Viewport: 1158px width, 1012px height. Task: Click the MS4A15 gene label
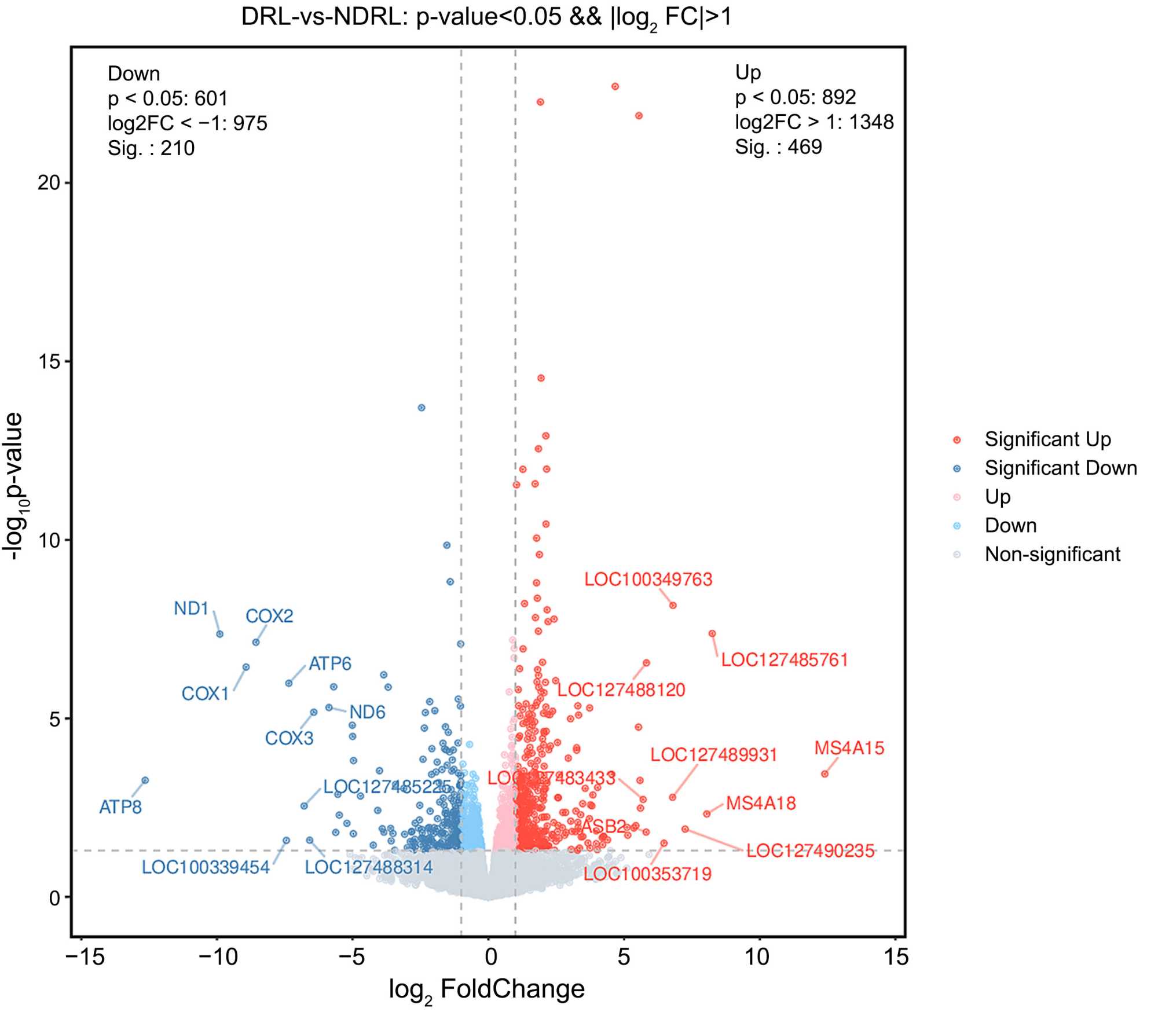click(x=849, y=748)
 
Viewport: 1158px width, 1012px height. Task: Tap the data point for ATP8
click(x=145, y=780)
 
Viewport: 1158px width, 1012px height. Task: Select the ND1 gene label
click(x=191, y=608)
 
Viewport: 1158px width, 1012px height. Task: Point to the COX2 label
click(x=269, y=616)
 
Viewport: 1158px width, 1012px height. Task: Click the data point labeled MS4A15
click(x=824, y=774)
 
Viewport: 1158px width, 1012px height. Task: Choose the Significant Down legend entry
click(x=1060, y=468)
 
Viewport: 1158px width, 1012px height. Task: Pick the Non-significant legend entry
click(x=1052, y=554)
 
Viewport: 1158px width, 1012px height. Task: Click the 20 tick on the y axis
click(x=49, y=183)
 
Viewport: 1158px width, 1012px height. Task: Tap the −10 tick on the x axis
click(x=218, y=957)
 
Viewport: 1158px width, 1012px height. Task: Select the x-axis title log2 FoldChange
click(x=486, y=989)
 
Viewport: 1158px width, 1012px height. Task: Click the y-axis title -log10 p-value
click(x=14, y=486)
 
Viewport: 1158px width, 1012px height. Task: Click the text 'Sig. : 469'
click(x=778, y=147)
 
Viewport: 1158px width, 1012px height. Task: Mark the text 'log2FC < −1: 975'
click(x=187, y=123)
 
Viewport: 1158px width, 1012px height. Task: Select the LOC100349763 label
click(x=648, y=580)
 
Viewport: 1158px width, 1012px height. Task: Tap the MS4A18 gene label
click(x=761, y=803)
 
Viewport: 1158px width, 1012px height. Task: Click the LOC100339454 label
click(x=206, y=867)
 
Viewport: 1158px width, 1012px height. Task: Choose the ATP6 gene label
click(x=329, y=663)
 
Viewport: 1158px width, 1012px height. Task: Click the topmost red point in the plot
click(x=615, y=87)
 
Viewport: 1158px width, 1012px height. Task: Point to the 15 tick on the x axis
click(x=896, y=957)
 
